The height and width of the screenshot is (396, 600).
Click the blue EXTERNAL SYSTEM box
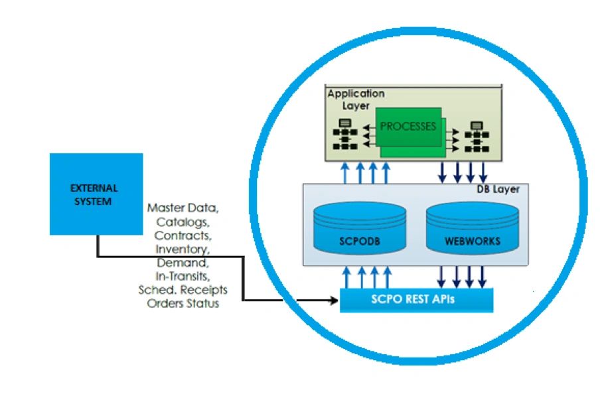pos(96,194)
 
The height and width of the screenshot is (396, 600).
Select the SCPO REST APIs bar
pos(416,300)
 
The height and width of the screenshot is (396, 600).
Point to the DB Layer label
pos(498,190)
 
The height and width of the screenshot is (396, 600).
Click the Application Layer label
pos(356,99)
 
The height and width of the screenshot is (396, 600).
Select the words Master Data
pos(183,208)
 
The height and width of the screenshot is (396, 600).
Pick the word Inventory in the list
pos(183,249)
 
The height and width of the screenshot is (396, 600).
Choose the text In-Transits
pos(183,276)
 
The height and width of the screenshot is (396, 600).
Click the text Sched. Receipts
pos(183,290)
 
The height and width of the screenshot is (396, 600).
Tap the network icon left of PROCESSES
pos(345,135)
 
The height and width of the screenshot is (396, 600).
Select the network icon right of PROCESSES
pos(476,137)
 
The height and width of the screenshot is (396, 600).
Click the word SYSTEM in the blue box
pos(93,201)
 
